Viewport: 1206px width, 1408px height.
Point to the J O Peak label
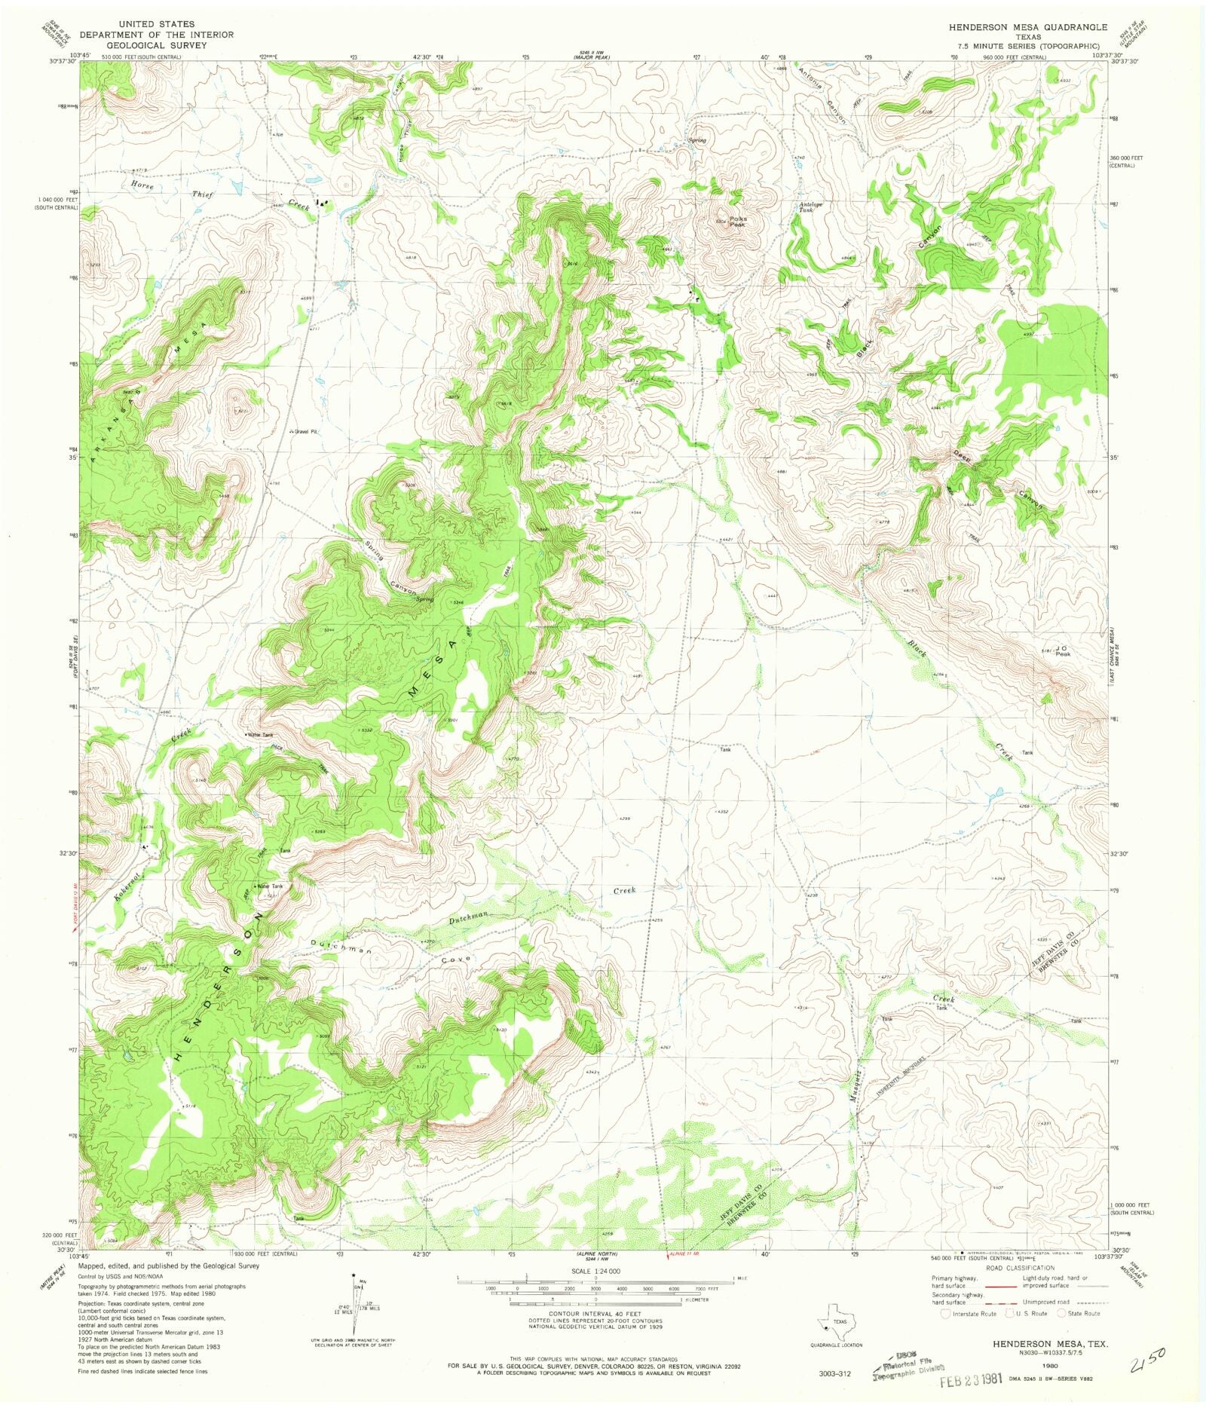[1062, 650]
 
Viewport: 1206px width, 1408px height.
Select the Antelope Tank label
[807, 208]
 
